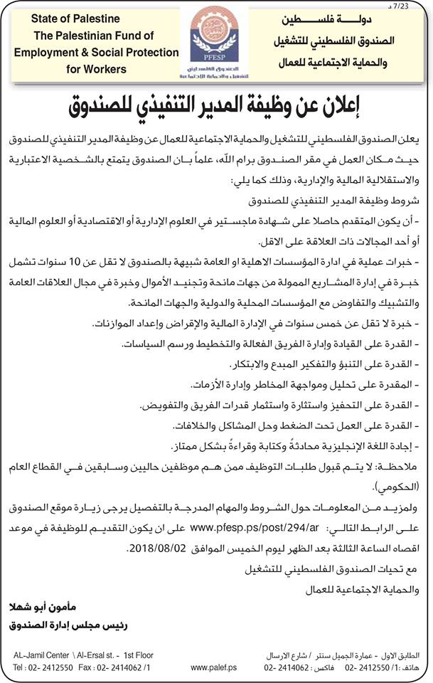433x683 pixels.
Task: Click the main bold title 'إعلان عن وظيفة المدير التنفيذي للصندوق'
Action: (216, 106)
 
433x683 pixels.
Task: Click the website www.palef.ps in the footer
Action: (209, 668)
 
